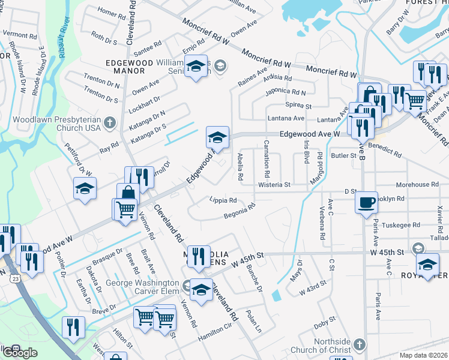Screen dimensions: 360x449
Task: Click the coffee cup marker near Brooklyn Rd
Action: (366, 202)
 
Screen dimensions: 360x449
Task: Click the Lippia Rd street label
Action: (223, 200)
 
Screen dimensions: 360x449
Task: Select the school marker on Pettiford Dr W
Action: (85, 188)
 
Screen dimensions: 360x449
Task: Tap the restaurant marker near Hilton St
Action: (73, 328)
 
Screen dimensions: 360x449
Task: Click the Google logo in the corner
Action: (19, 353)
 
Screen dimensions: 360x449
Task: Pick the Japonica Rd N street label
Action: (286, 92)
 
